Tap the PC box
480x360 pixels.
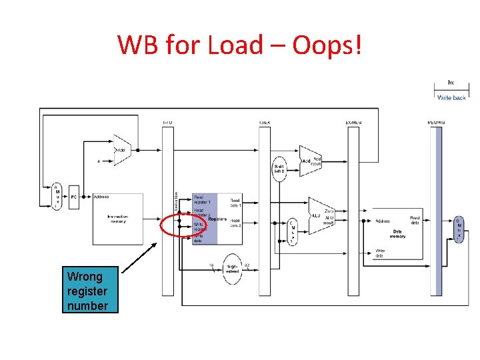point(75,197)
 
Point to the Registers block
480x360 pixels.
point(217,219)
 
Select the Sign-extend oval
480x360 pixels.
point(233,268)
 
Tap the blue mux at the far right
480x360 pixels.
point(459,229)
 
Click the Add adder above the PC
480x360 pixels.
point(122,150)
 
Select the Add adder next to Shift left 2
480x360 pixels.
point(309,161)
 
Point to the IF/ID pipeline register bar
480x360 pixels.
point(167,210)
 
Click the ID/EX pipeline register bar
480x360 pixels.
point(265,210)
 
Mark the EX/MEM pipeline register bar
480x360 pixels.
point(353,210)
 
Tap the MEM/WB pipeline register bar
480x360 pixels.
point(437,210)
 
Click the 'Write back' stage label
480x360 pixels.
point(451,97)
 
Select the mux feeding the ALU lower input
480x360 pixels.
point(292,231)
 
